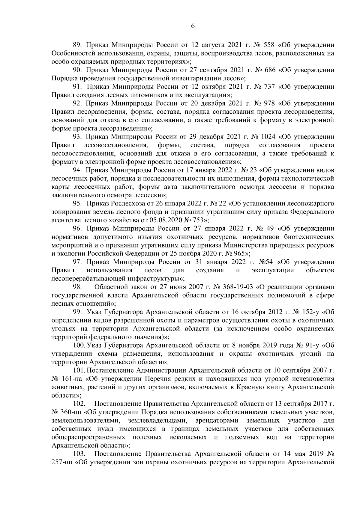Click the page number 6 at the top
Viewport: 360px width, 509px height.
click(x=193, y=26)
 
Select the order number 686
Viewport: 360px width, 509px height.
click(x=268, y=70)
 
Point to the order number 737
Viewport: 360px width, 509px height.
click(x=268, y=87)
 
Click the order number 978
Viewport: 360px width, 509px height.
click(x=268, y=104)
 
